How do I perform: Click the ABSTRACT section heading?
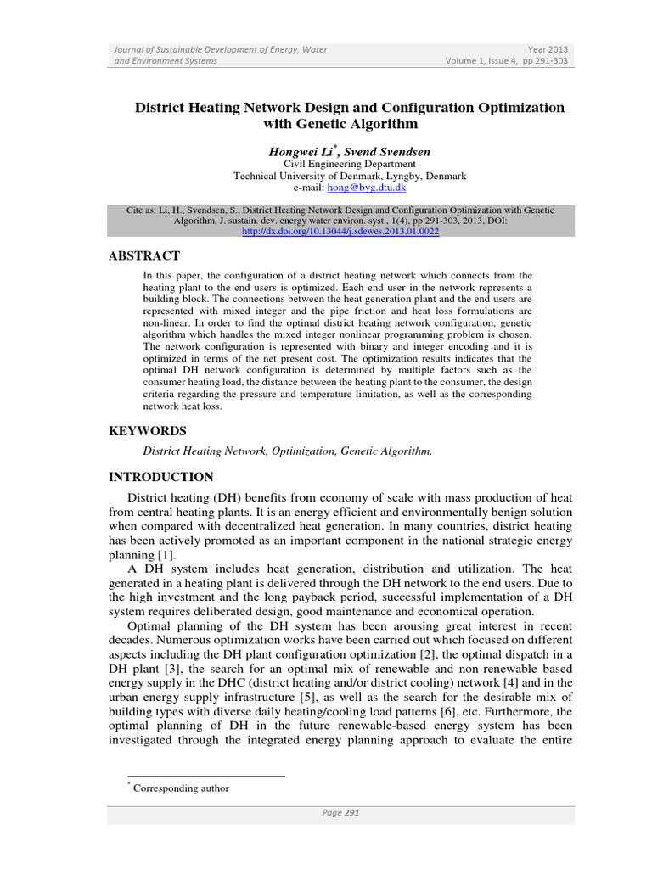[x=144, y=255]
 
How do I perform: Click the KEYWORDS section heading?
[x=148, y=431]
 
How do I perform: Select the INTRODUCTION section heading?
[x=161, y=477]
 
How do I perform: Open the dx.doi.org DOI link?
[x=340, y=231]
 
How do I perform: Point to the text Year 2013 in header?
[x=549, y=49]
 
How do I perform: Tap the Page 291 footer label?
[x=340, y=813]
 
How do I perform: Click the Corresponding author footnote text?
[x=182, y=788]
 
